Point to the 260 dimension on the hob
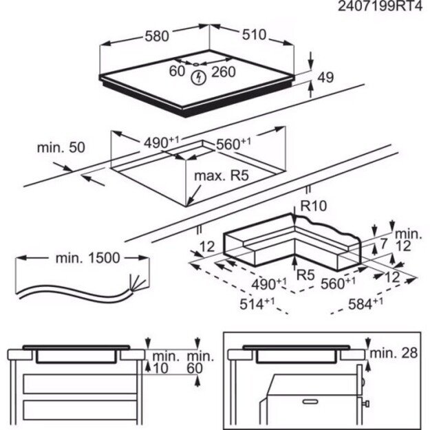pyautogui.click(x=224, y=72)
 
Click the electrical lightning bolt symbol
pyautogui.click(x=200, y=76)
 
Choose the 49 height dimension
pyautogui.click(x=325, y=78)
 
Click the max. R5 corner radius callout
pyautogui.click(x=220, y=176)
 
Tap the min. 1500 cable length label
pyautogui.click(x=87, y=259)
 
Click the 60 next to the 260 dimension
pyautogui.click(x=178, y=72)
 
